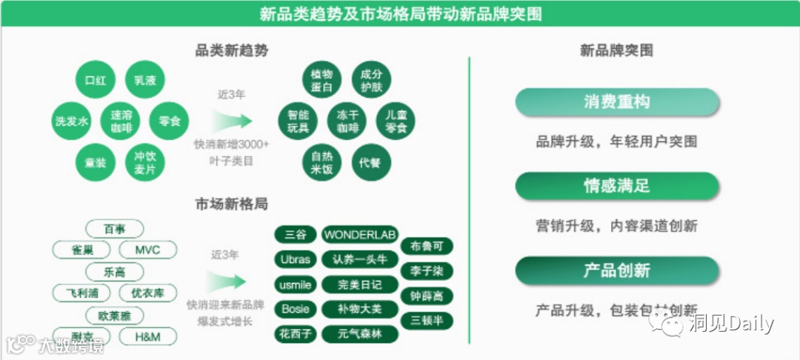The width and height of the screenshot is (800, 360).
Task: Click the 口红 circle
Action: [x=96, y=80]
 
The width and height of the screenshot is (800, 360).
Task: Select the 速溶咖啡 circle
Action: [x=121, y=121]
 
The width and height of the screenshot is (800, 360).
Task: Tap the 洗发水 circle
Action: [x=72, y=121]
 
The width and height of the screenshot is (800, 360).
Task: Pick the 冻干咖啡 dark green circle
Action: [x=347, y=121]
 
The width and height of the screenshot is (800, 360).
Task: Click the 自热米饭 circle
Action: [x=321, y=162]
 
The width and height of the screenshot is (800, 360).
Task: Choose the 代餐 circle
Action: [x=370, y=162]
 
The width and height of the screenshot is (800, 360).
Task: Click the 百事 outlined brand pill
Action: [x=115, y=229]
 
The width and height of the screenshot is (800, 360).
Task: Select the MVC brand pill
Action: [x=147, y=250]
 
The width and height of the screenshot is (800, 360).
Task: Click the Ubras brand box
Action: [x=296, y=259]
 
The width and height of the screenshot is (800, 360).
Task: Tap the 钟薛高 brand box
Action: [x=426, y=296]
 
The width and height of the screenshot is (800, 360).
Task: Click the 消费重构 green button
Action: [x=617, y=102]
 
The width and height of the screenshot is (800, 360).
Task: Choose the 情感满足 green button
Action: [x=617, y=186]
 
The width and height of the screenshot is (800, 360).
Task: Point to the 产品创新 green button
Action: [x=617, y=270]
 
